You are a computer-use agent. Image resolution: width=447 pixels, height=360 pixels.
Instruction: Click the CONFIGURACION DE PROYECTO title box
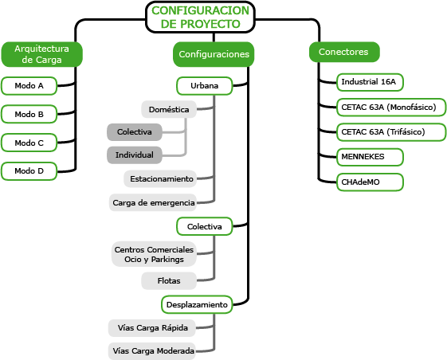(200, 17)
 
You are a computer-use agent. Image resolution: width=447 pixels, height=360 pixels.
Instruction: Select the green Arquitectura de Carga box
(42, 54)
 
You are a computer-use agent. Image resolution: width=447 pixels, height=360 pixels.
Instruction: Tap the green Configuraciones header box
(214, 54)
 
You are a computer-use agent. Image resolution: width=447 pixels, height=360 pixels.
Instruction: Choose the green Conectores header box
(344, 52)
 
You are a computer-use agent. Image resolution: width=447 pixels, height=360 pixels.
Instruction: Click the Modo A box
(29, 86)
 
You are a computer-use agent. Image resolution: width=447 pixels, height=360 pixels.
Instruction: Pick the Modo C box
(29, 143)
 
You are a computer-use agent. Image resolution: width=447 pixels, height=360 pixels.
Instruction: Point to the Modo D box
(29, 171)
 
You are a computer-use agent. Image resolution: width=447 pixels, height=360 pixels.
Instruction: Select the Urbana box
(205, 86)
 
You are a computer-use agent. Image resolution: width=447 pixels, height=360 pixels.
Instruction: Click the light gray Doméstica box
(169, 109)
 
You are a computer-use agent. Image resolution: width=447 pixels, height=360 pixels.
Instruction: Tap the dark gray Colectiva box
(135, 132)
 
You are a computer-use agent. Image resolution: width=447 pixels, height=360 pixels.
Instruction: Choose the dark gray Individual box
(135, 155)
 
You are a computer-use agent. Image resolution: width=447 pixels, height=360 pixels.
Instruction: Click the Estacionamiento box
(160, 179)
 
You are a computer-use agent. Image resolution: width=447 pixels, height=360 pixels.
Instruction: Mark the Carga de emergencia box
(153, 202)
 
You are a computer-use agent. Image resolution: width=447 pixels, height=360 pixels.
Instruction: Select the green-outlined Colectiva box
(205, 227)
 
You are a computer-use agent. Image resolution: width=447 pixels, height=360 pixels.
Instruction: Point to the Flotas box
(169, 281)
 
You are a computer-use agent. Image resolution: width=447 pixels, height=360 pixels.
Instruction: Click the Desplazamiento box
(197, 305)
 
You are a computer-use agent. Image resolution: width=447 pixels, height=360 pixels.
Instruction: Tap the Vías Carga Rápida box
(152, 328)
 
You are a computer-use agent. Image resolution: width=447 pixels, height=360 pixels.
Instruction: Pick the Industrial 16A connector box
(370, 82)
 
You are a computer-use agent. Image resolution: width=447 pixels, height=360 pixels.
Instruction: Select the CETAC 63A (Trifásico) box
(391, 132)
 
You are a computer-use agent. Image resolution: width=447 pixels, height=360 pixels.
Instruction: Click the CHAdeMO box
(370, 182)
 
